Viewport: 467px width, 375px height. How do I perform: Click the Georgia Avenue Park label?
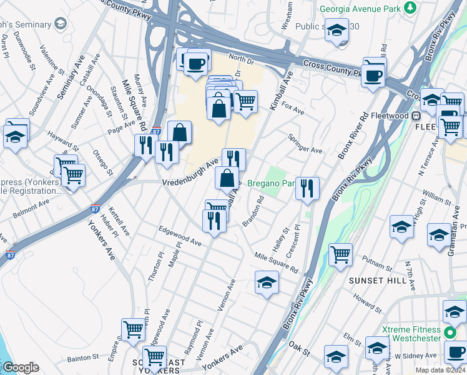(360, 9)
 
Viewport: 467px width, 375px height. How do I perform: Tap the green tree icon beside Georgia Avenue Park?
(410, 7)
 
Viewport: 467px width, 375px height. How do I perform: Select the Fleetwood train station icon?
(415, 116)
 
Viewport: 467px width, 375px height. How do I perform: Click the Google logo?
(21, 367)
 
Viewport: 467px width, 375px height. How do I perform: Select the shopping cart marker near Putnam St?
(340, 254)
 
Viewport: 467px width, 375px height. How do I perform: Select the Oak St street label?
(300, 351)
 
